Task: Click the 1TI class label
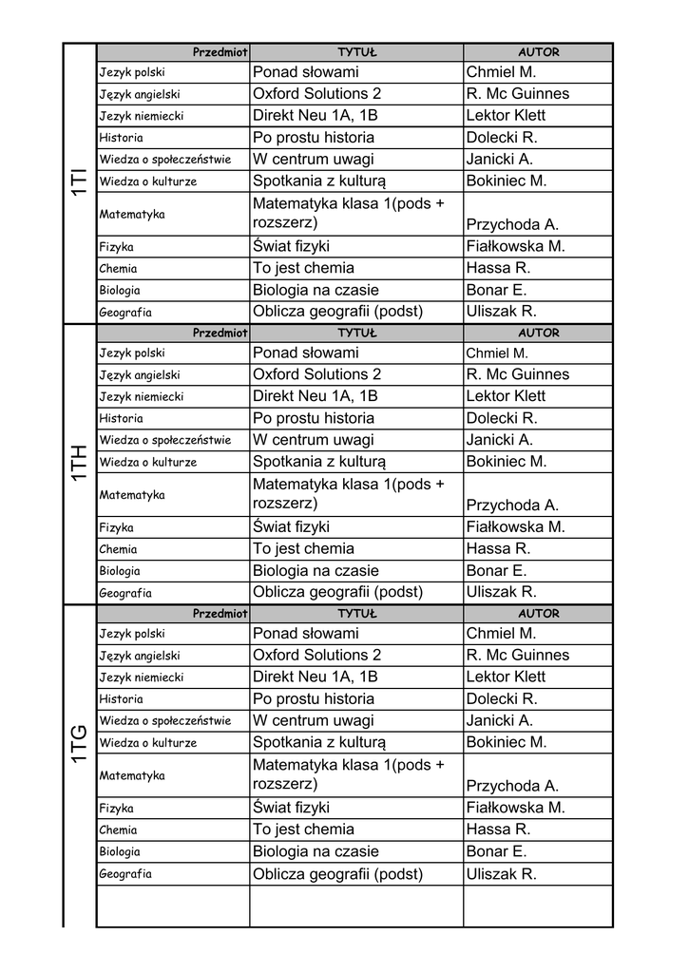[79, 183]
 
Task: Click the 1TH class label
[79, 463]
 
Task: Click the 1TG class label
[79, 744]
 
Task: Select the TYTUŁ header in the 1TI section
[357, 52]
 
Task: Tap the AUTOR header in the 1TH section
[538, 334]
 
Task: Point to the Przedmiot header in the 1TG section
[220, 614]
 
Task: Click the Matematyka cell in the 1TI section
[132, 215]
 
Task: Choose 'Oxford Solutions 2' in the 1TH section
[316, 374]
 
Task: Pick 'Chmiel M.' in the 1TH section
[496, 353]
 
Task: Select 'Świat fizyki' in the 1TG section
[291, 808]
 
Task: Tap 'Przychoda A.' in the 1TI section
[512, 225]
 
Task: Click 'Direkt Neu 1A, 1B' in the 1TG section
[316, 677]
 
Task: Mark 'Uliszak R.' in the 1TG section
[502, 874]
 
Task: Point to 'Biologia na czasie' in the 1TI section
[316, 290]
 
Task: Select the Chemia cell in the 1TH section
[118, 549]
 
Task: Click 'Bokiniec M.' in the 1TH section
[507, 462]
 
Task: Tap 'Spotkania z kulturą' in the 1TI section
[319, 181]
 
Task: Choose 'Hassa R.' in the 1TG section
[498, 830]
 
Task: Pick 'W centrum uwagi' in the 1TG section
[314, 720]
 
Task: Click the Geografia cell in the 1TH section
[125, 593]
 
